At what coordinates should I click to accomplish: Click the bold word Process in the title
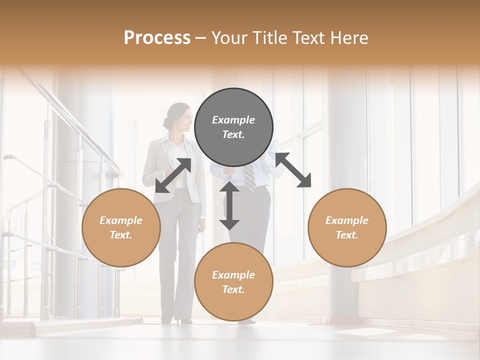point(157,38)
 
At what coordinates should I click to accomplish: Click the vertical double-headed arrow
point(229,205)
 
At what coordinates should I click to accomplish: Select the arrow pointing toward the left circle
point(173,175)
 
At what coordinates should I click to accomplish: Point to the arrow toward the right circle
point(293,170)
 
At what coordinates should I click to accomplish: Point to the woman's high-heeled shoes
point(183,319)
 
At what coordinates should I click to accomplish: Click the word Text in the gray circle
point(233,134)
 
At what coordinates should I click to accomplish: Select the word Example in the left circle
point(121,220)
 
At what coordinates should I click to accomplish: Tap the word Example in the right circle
point(347,220)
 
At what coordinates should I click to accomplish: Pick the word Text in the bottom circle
point(233,289)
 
